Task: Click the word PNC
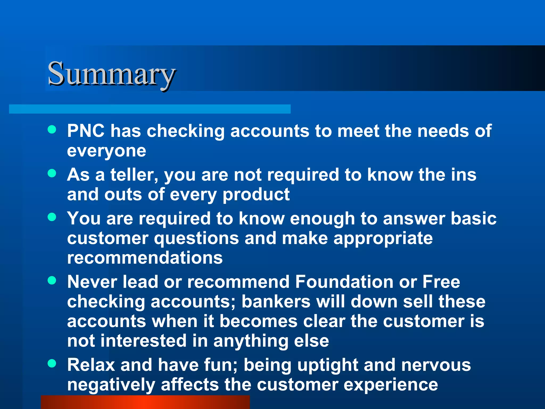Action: coord(86,131)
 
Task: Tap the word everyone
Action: coord(106,151)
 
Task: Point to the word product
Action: coord(256,195)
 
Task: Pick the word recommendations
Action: coord(145,258)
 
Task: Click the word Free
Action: coord(441,282)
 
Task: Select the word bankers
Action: coord(276,302)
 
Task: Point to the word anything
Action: coord(251,341)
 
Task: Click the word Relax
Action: coord(91,365)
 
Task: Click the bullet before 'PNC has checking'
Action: coord(52,130)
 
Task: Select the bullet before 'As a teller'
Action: coord(52,173)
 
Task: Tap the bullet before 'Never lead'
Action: coord(52,280)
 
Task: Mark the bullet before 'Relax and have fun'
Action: coord(52,363)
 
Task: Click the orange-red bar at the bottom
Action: coord(145,402)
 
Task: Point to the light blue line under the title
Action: coord(150,109)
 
